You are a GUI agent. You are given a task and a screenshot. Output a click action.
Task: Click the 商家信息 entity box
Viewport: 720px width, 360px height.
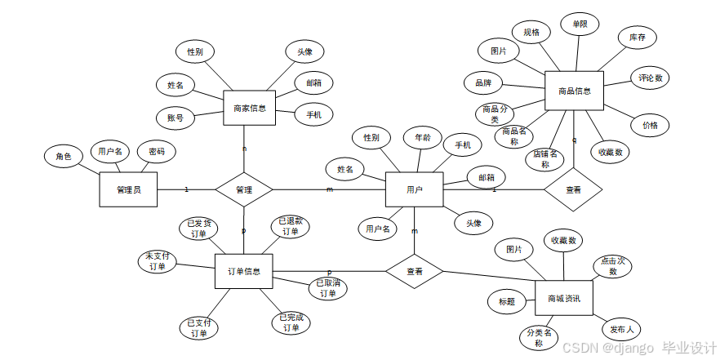click(x=249, y=107)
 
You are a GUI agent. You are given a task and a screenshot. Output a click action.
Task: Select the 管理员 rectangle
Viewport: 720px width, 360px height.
click(x=128, y=189)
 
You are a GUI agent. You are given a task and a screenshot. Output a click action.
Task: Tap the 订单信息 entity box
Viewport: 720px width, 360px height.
click(x=243, y=271)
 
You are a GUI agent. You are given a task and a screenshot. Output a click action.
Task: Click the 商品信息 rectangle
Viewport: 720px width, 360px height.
click(x=574, y=91)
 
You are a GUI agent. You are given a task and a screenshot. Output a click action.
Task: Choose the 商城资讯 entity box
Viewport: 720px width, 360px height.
click(x=563, y=299)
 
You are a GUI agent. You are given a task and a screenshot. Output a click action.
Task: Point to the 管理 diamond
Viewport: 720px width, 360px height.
click(x=243, y=189)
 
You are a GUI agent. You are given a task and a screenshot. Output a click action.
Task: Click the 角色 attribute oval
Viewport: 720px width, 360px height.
click(x=64, y=156)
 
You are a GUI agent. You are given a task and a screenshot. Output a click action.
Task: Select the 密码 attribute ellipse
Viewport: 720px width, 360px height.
click(x=156, y=151)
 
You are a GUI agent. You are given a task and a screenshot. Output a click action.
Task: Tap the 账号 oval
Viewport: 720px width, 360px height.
click(x=176, y=118)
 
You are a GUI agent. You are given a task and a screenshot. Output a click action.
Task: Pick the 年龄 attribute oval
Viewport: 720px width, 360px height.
click(x=423, y=138)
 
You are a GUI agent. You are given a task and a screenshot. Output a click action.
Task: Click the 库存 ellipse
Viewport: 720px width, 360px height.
click(x=637, y=38)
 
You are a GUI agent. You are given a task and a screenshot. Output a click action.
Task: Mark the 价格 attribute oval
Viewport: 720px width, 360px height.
click(x=650, y=126)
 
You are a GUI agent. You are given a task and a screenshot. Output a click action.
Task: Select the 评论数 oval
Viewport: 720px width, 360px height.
click(x=651, y=78)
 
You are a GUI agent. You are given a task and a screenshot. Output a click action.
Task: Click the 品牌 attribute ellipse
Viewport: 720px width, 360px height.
click(x=482, y=82)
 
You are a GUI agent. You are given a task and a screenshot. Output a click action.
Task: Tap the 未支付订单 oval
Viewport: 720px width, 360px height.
click(x=156, y=261)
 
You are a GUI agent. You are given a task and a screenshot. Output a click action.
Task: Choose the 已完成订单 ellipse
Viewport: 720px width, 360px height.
click(x=291, y=322)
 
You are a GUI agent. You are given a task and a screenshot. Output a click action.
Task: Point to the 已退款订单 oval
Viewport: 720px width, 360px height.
click(x=291, y=226)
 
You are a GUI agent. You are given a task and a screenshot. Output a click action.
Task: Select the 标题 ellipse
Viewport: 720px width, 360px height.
click(x=506, y=301)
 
